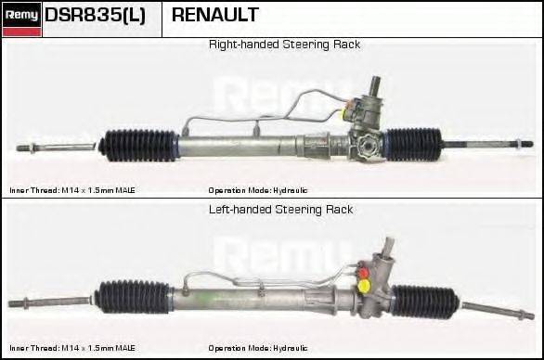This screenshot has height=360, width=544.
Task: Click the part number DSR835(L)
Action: click(x=95, y=15)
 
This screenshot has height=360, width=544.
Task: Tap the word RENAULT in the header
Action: click(x=214, y=15)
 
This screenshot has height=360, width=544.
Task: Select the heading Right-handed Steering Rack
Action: click(x=284, y=45)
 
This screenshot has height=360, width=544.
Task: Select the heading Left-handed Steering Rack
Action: click(x=280, y=210)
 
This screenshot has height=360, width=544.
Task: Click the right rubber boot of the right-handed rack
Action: click(x=413, y=144)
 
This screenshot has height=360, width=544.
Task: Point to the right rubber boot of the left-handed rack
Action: click(x=424, y=302)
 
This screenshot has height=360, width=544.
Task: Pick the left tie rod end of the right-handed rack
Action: click(x=42, y=147)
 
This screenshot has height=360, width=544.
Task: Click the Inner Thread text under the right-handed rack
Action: click(x=72, y=189)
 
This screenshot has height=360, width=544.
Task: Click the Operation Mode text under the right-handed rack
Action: click(x=258, y=189)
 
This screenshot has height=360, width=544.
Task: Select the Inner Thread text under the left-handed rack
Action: click(x=72, y=348)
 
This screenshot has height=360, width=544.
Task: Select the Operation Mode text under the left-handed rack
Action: click(x=258, y=348)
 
